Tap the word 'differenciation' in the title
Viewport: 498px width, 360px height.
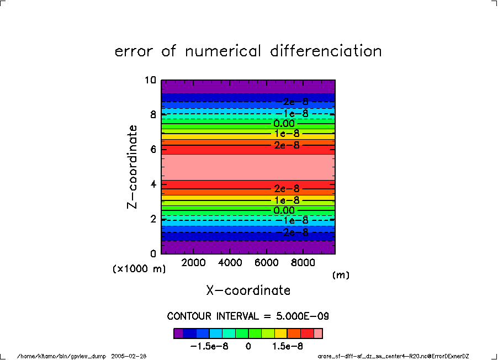326,51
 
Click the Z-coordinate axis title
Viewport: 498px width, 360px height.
132,166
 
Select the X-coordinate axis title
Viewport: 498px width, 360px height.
248,290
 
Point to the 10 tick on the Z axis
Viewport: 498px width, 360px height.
150,80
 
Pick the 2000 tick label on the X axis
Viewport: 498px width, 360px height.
194,263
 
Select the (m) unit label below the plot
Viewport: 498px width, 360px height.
341,274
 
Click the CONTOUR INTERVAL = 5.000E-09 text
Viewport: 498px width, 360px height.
248,316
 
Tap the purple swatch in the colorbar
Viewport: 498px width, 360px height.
178,333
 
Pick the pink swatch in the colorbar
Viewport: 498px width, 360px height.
318,333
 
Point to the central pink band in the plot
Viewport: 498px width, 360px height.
248,167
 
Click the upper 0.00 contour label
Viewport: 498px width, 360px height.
284,124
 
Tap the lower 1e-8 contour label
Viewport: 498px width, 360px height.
287,200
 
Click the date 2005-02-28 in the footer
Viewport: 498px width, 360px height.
129,356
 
